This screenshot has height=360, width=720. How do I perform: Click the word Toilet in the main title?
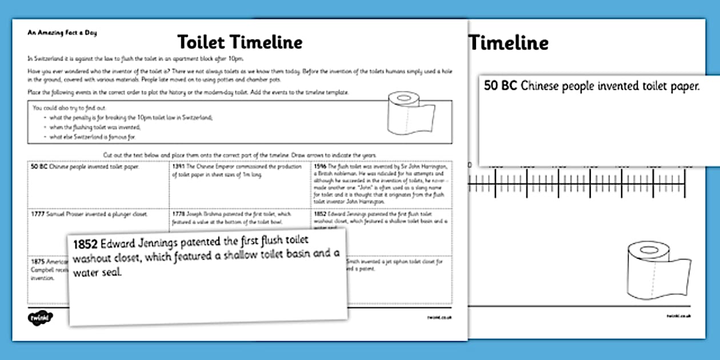206,42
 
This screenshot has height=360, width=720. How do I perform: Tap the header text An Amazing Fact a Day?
62,33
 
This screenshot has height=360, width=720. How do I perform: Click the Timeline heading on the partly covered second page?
509,43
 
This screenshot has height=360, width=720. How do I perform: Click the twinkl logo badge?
39,318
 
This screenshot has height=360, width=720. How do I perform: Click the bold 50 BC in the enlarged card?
501,86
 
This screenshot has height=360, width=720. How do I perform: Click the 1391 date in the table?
178,167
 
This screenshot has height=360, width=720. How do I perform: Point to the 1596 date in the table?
320,167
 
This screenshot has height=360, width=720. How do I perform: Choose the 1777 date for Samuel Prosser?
38,214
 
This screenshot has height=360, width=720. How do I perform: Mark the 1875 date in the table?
38,261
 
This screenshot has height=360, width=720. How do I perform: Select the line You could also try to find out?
69,107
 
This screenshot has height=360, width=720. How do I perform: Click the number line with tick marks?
577,183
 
